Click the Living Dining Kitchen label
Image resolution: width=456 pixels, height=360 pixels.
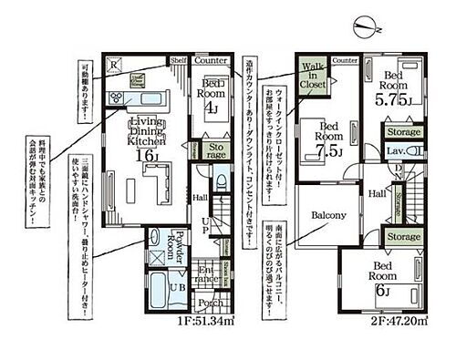[146, 131]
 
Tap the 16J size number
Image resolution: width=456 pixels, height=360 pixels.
[148, 156]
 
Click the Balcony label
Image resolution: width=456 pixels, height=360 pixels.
[328, 215]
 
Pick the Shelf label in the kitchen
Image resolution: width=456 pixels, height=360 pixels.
[178, 60]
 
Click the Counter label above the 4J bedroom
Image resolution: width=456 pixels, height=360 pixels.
[211, 61]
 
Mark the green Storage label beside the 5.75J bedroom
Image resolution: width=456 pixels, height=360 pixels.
[403, 133]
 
